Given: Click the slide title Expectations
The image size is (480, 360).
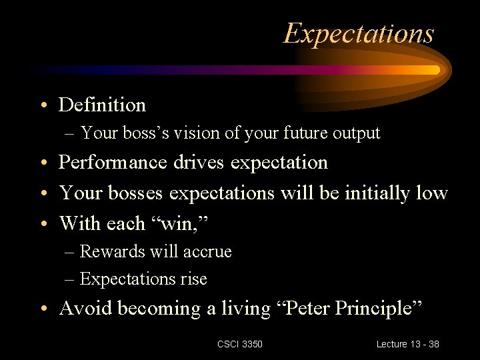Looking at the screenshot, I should click(x=359, y=33).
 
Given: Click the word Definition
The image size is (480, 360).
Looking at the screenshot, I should click(x=102, y=105).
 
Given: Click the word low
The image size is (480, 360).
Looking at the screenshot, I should click(x=434, y=193).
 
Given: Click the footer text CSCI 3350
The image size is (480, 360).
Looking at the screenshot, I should click(x=239, y=344).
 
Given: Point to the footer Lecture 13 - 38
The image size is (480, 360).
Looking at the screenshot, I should click(x=407, y=344).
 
